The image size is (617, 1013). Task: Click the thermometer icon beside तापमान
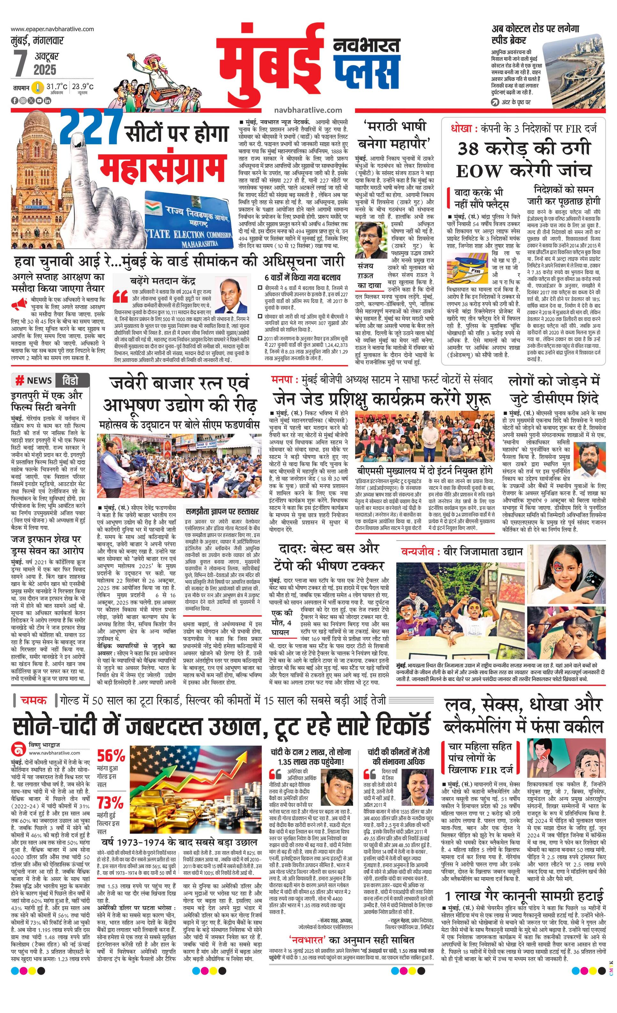38,88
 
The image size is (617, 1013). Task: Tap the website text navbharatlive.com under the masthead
308,110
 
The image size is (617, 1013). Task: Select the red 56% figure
111,755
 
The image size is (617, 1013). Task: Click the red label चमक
34,700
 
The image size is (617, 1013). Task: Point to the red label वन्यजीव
418,552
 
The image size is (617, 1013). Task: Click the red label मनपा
282,379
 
